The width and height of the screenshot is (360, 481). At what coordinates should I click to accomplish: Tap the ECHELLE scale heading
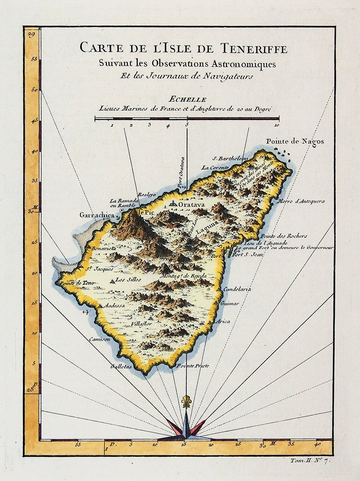(x=185, y=100)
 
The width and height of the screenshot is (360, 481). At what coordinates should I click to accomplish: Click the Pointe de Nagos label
(x=295, y=141)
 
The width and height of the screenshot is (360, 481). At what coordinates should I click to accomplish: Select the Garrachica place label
(x=96, y=215)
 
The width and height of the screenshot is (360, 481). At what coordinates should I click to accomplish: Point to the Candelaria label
(x=237, y=289)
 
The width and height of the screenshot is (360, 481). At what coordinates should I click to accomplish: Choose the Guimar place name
(x=229, y=304)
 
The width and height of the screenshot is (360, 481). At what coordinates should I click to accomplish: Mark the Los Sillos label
(x=128, y=279)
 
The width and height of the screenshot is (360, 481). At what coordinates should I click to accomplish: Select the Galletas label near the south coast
(x=121, y=367)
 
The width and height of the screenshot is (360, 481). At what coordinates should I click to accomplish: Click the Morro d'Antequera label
(x=301, y=201)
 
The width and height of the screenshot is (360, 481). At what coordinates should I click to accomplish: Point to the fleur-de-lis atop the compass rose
(x=186, y=401)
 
